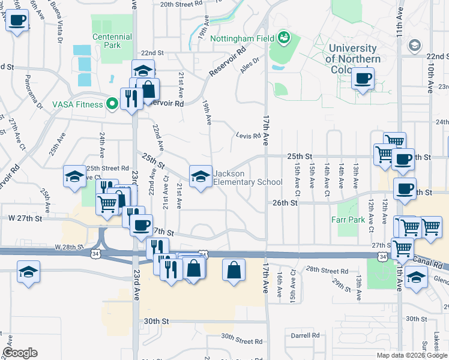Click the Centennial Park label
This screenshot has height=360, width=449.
pos(107,41)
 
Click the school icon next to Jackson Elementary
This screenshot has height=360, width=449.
pos(200,176)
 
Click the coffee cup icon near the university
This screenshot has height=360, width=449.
pos(363,78)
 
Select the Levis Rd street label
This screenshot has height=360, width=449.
pos(249,136)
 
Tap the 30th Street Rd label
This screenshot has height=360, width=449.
pos(242,338)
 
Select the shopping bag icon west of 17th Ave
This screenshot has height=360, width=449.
pos(234,270)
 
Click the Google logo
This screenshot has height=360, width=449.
pos(20,353)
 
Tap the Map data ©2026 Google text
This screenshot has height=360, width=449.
pos(412,355)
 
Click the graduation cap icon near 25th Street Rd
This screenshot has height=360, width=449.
pos(74,176)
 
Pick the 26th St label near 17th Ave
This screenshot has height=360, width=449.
pos(285,203)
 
